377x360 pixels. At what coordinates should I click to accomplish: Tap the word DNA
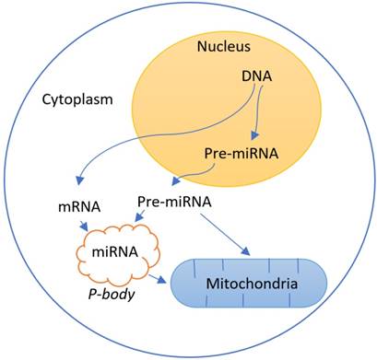click(238, 82)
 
